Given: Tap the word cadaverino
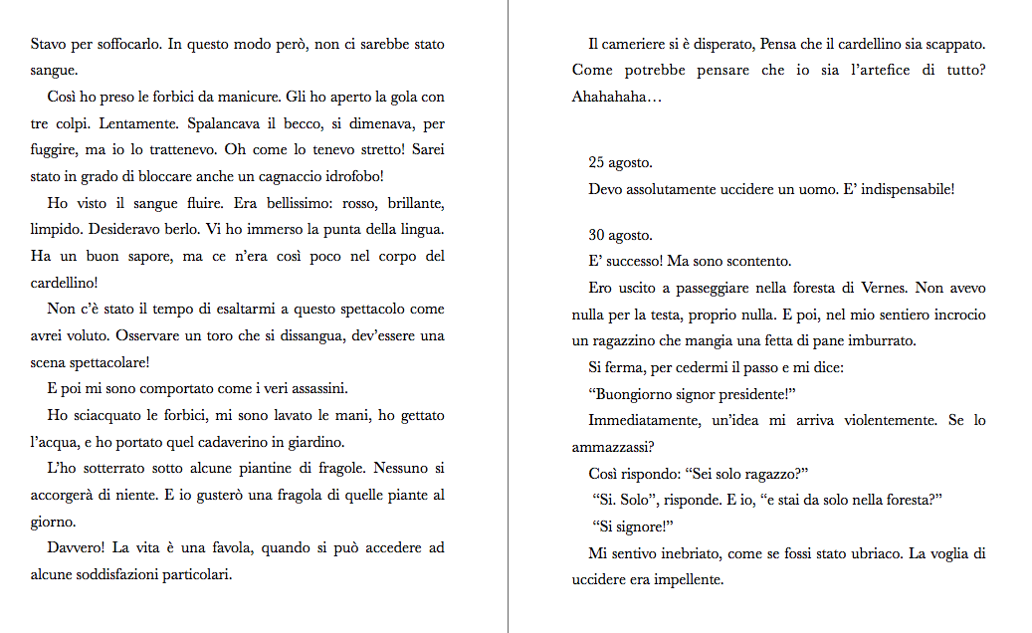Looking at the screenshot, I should click(x=272, y=441).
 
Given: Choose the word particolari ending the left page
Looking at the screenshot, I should click(x=196, y=574).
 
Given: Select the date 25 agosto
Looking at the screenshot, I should click(x=621, y=162).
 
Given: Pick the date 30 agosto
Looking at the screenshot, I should click(x=621, y=236).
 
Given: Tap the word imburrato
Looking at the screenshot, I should click(x=881, y=341).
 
